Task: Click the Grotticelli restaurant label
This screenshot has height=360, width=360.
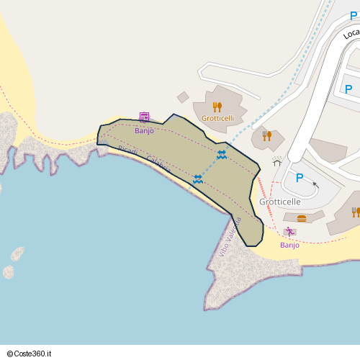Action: [x=217, y=118]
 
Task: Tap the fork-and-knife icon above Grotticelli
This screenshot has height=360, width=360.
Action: [x=217, y=107]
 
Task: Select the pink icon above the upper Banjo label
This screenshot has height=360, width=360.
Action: [x=144, y=117]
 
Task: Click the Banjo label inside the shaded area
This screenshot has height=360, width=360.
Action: [x=144, y=130]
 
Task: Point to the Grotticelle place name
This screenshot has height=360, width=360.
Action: [x=280, y=202]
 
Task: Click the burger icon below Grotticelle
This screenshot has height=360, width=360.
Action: [x=301, y=217]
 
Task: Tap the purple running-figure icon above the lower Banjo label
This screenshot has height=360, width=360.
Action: [x=289, y=232]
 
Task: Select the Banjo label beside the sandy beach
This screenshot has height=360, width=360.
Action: [x=289, y=245]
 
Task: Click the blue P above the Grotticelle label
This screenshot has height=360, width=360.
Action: [x=300, y=178]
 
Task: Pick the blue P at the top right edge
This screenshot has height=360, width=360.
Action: [x=348, y=89]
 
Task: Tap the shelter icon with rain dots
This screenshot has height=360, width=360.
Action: [x=277, y=161]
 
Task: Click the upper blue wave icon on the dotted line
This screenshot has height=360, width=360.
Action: [x=222, y=155]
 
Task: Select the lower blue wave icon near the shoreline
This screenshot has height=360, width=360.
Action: [x=197, y=179]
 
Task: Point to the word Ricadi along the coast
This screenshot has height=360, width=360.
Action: [x=127, y=150]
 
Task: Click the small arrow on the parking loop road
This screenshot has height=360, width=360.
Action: [x=315, y=185]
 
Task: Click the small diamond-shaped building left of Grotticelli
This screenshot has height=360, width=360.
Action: [x=183, y=97]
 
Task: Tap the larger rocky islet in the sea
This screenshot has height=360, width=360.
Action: [x=17, y=253]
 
